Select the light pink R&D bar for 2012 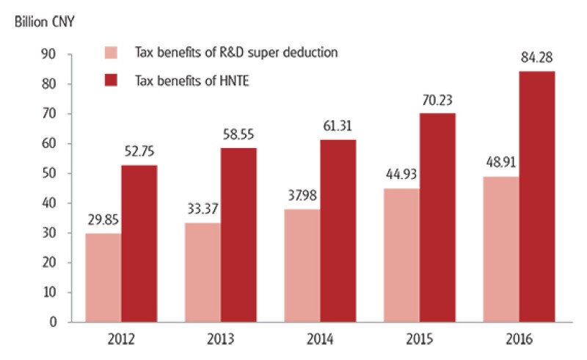[103, 277]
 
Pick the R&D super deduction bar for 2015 [402, 255]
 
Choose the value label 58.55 [238, 136]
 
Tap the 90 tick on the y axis [50, 54]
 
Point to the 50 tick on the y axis [50, 174]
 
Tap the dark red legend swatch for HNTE [112, 80]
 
